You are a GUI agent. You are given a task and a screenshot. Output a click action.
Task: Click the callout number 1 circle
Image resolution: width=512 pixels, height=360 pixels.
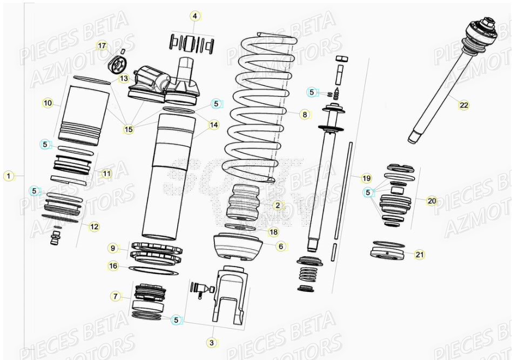pyautogui.click(x=8, y=176)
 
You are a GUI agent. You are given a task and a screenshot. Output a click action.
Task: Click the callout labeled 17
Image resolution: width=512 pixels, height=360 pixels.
pyautogui.click(x=102, y=45)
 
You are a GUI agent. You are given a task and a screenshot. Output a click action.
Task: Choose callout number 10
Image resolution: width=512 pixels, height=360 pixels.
pyautogui.click(x=48, y=103)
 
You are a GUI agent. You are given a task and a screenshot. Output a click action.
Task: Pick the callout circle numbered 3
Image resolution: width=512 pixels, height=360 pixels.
pyautogui.click(x=211, y=342)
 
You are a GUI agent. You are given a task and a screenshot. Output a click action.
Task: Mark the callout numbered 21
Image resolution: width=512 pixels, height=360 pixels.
pyautogui.click(x=419, y=254)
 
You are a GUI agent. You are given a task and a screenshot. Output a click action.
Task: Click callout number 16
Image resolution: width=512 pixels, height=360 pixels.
pyautogui.click(x=113, y=266)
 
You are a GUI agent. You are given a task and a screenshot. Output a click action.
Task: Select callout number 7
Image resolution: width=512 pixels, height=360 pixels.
pyautogui.click(x=115, y=296)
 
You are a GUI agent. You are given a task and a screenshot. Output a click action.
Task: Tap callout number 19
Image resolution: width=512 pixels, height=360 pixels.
pyautogui.click(x=366, y=178)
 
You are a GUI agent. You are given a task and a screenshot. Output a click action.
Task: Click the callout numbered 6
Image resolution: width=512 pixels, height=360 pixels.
pyautogui.click(x=280, y=246)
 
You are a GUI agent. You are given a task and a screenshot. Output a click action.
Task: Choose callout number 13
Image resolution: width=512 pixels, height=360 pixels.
pyautogui.click(x=124, y=79)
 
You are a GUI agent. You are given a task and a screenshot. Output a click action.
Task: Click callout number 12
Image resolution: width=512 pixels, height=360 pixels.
pyautogui.click(x=94, y=226)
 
